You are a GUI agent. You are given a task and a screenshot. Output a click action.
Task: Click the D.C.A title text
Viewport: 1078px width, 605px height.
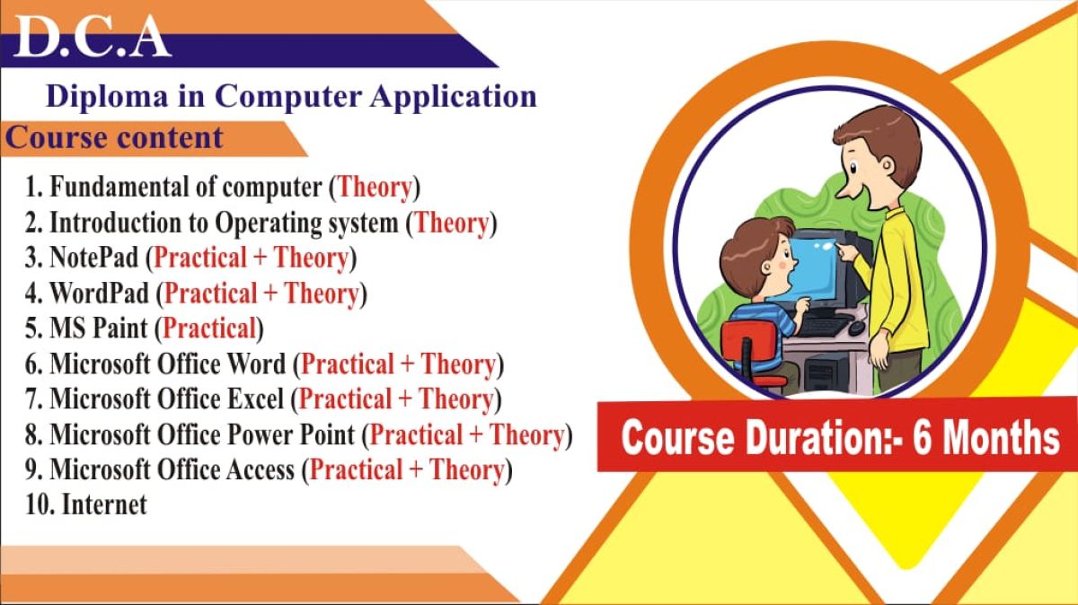93,37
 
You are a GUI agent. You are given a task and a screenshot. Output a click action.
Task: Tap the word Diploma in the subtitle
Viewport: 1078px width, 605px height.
107,97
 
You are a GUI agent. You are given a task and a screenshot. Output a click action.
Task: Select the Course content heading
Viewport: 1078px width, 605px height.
114,138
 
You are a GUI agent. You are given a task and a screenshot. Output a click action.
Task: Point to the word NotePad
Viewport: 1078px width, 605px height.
93,257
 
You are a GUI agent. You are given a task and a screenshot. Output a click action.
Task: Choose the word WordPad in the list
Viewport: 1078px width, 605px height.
99,293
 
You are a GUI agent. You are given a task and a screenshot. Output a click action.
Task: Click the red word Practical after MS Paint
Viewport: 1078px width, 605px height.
210,329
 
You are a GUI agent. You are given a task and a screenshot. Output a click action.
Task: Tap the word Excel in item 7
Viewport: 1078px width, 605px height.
255,399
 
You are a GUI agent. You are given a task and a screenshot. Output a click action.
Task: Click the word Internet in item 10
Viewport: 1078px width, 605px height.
104,504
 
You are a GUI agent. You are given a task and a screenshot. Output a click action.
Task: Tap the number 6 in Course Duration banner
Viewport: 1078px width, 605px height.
922,437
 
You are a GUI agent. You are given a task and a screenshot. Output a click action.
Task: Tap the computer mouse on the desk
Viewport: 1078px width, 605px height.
856,328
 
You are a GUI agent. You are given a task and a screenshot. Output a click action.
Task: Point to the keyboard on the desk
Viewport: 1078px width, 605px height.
824,327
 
